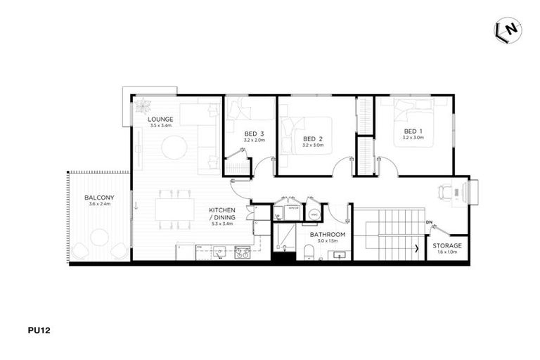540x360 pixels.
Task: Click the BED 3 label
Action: tap(254, 134)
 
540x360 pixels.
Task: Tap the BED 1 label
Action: tap(413, 131)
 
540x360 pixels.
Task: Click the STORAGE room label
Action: tap(448, 245)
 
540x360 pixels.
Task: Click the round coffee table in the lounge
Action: tap(174, 148)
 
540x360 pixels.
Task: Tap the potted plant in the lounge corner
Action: tap(144, 107)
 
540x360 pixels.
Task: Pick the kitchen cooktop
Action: tap(243, 251)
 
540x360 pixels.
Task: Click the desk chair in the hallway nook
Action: tap(444, 191)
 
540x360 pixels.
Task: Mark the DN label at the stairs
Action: tap(428, 223)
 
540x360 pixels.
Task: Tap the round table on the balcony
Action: tap(99, 237)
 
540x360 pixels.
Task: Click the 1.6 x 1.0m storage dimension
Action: tap(447, 252)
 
